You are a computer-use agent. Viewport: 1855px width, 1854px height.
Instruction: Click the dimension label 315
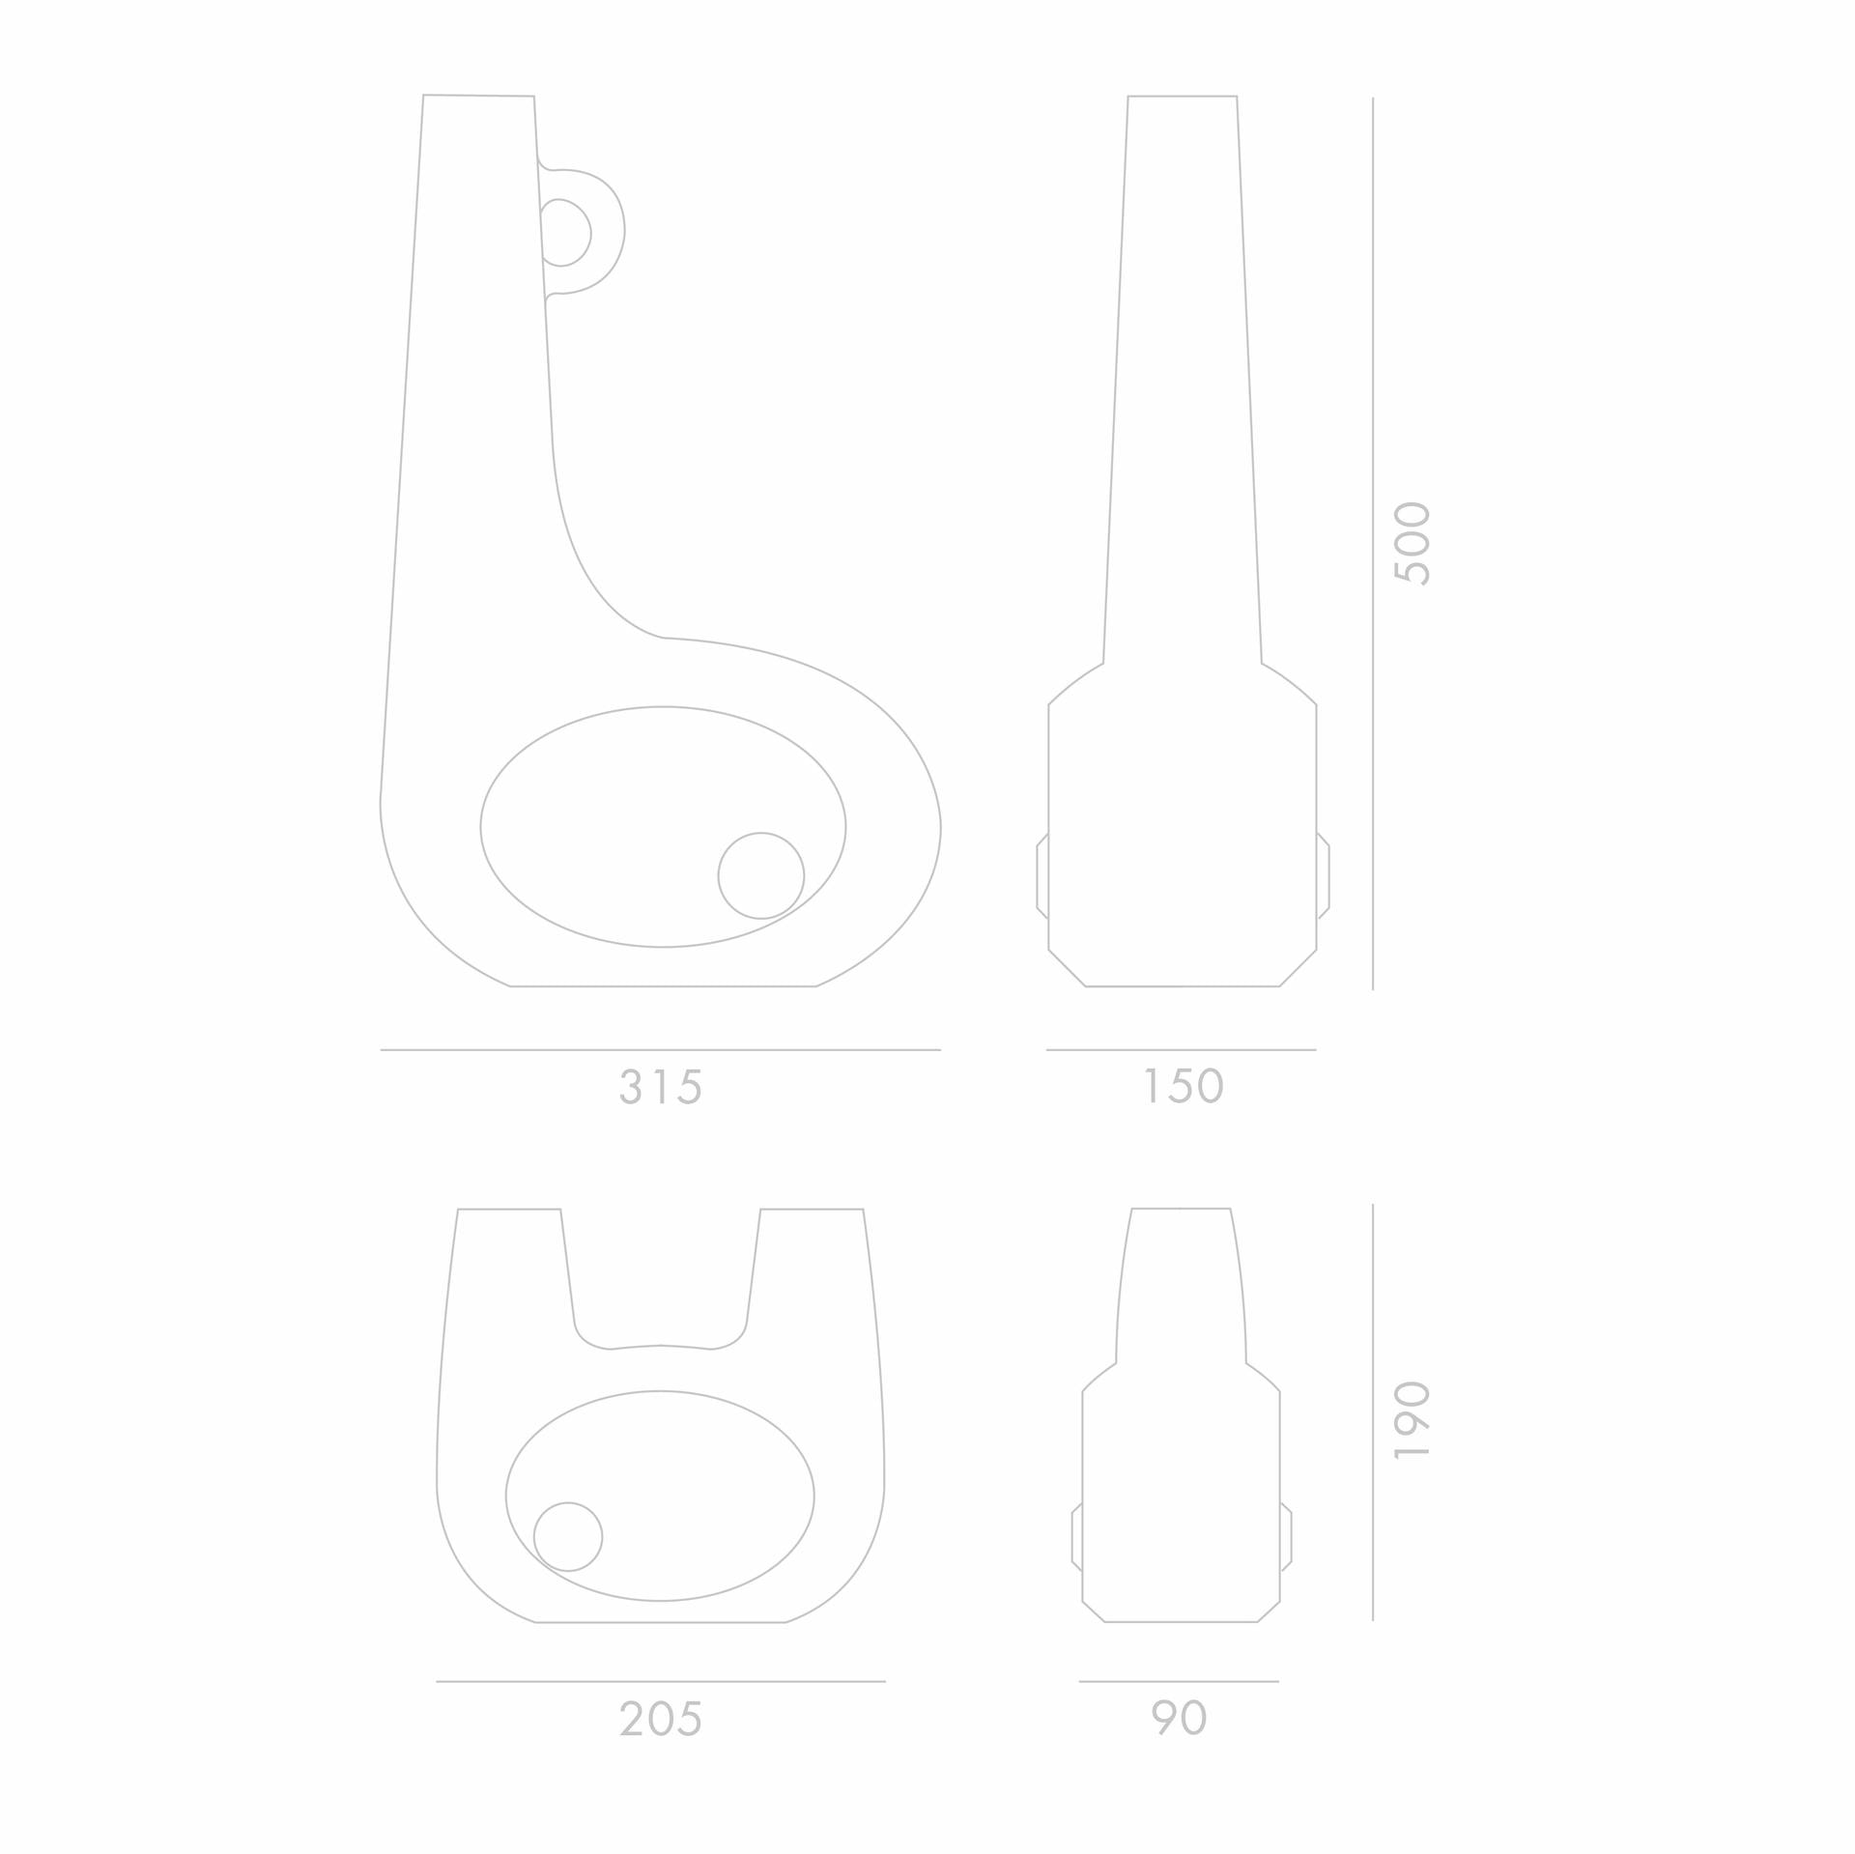[661, 1087]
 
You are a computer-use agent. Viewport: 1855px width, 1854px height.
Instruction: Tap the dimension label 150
[1184, 1086]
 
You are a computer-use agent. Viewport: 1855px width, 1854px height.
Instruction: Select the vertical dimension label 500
[1412, 543]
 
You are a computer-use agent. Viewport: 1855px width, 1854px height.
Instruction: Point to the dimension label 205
[661, 1718]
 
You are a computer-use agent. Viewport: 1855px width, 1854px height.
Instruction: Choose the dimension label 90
[1180, 1717]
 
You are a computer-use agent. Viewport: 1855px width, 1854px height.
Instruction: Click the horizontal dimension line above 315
[661, 1049]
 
